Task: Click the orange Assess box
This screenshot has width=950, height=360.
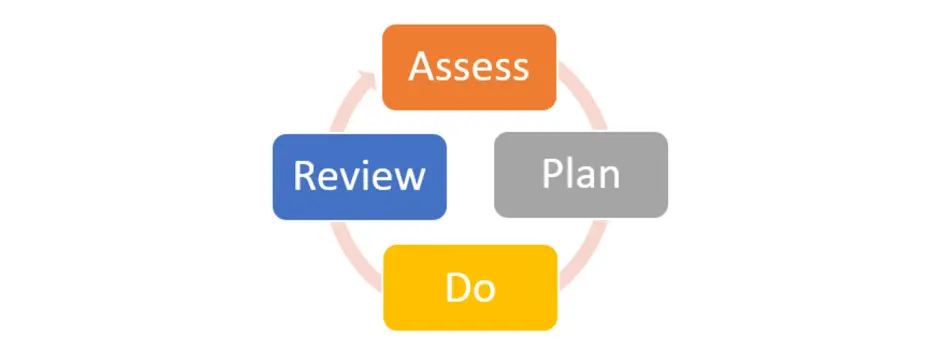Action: pos(469,67)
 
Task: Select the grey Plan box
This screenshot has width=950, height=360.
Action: pos(581,175)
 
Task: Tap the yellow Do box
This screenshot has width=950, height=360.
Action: pos(469,287)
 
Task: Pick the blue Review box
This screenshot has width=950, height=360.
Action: pos(359,177)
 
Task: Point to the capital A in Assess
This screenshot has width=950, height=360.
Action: pos(422,67)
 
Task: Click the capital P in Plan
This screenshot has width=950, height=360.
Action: pos(552,174)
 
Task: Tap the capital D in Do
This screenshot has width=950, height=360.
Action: pos(457,287)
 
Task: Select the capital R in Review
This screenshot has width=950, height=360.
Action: pos(303,177)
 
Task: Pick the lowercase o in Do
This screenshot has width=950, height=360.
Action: pos(483,289)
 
